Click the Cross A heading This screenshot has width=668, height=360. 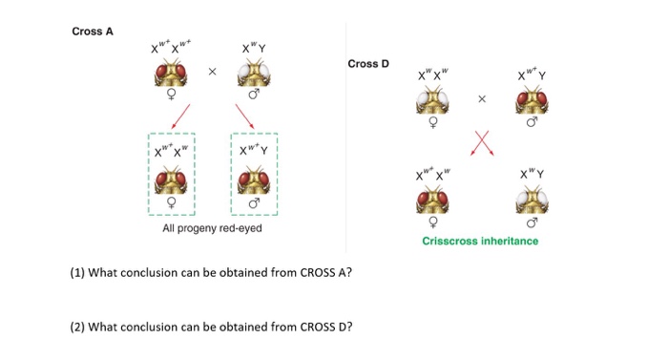tap(93, 32)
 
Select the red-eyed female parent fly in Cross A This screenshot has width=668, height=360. tap(171, 74)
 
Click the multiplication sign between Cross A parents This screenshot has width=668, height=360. tap(213, 72)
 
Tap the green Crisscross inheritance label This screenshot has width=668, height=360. tap(480, 241)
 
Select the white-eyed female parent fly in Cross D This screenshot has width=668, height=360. tap(434, 100)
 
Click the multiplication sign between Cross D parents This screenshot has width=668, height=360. tap(482, 98)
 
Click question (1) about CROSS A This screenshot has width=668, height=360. tap(211, 273)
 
